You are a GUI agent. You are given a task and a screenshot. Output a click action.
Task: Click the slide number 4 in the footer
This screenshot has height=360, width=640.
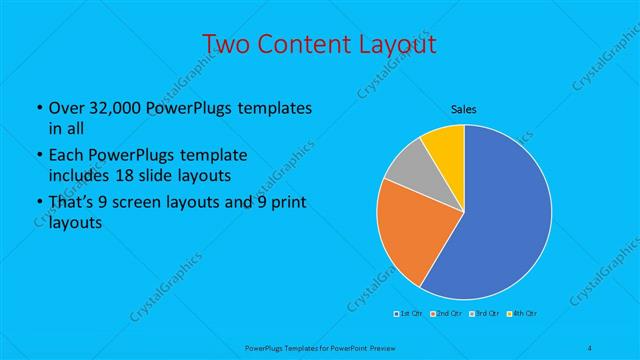[591, 347]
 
